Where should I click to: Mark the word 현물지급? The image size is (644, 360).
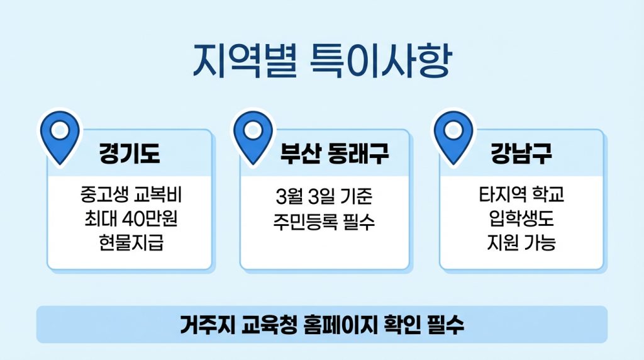tap(130, 242)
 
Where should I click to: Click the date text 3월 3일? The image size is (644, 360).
tap(299, 198)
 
